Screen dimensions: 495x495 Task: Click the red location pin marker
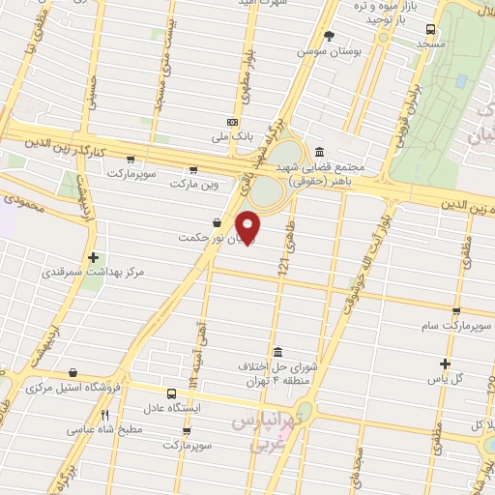pos(248,226)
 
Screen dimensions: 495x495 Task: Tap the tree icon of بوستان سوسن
pos(329,36)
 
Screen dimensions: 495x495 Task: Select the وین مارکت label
pos(197,182)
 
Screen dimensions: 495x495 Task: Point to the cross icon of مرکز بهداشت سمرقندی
pos(93,258)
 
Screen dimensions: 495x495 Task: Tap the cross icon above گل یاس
pos(444,364)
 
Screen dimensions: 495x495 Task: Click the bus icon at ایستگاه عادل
pos(171,393)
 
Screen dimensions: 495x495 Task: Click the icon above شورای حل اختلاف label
pos(278,351)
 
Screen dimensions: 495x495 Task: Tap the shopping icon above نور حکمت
pos(216,223)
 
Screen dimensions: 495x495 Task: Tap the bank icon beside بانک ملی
pos(232,123)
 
